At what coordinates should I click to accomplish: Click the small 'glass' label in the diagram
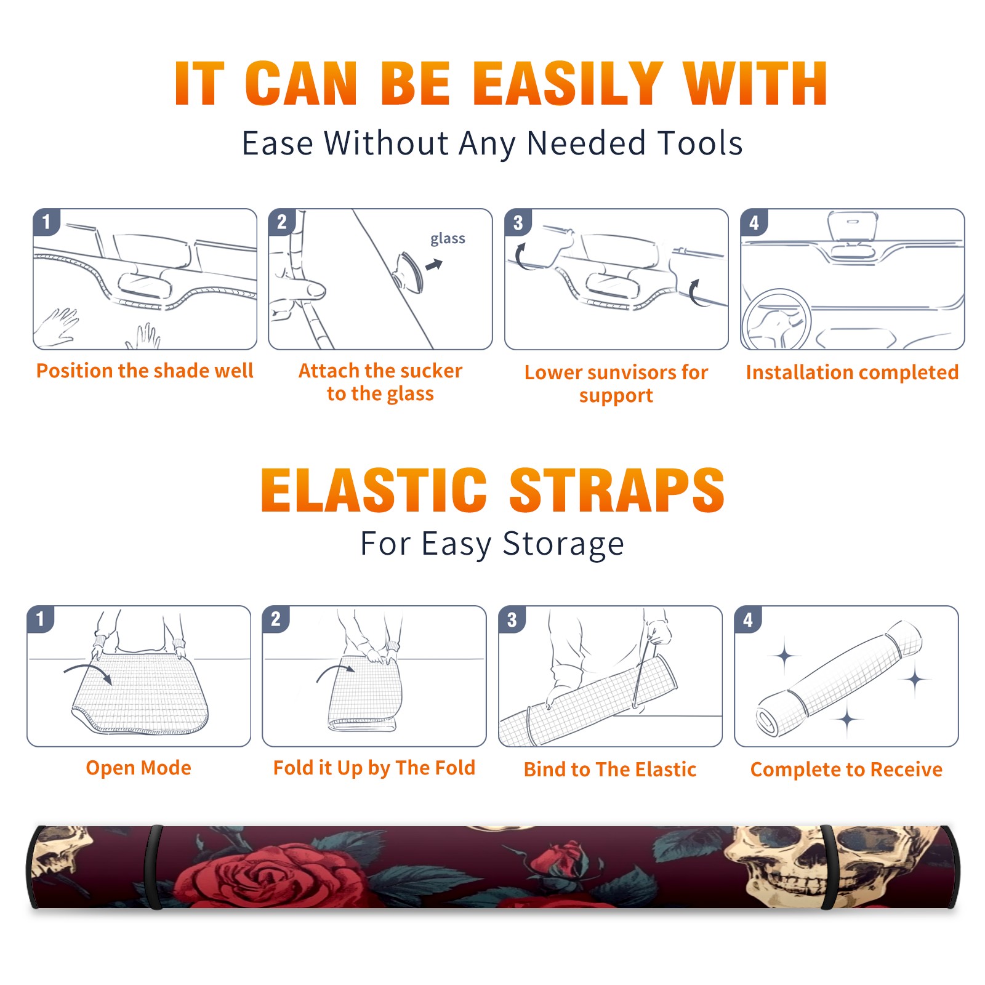click(x=448, y=239)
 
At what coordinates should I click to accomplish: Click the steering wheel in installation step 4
click(x=776, y=320)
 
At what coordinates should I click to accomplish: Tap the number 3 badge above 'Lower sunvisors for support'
click(x=518, y=223)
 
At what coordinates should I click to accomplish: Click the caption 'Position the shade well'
click(x=145, y=371)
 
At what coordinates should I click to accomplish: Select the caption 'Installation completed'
click(x=852, y=372)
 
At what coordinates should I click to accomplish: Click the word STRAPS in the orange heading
click(x=617, y=490)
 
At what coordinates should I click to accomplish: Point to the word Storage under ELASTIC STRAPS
click(x=563, y=545)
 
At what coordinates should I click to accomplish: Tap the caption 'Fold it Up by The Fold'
click(x=374, y=768)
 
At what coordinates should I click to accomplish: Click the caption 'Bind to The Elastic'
click(x=610, y=770)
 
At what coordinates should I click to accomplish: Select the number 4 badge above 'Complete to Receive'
click(x=748, y=619)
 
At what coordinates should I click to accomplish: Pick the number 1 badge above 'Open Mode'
click(x=41, y=619)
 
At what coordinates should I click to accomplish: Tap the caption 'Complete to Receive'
click(x=846, y=770)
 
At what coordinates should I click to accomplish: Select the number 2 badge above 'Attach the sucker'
click(x=282, y=222)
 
